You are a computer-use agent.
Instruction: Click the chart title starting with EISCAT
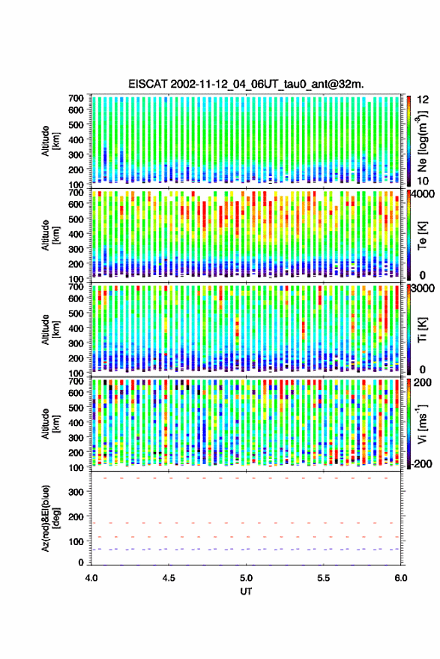click(246, 84)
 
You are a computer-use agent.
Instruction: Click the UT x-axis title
click(246, 592)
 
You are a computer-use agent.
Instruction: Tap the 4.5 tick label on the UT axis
click(169, 578)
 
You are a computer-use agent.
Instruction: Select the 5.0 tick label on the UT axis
click(246, 578)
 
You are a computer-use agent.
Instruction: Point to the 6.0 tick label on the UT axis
click(400, 578)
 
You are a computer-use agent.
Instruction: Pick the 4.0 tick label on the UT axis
click(91, 578)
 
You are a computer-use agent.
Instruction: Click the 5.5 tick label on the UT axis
click(323, 578)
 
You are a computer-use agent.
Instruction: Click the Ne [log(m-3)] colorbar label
click(422, 141)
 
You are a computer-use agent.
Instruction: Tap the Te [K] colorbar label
click(422, 235)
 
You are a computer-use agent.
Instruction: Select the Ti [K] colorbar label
click(422, 330)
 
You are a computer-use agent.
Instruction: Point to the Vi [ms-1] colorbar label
click(422, 424)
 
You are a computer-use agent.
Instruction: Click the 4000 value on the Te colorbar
click(423, 195)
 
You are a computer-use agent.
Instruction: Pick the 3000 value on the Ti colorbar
click(423, 289)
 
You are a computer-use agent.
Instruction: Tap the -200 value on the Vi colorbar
click(421, 463)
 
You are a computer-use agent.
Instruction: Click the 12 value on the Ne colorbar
click(424, 100)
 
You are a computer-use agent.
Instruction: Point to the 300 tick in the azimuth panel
click(76, 492)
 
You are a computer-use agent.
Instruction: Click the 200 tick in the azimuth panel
click(76, 517)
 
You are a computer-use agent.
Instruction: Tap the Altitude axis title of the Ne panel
click(50, 141)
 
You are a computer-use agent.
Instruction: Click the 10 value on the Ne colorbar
click(424, 181)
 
